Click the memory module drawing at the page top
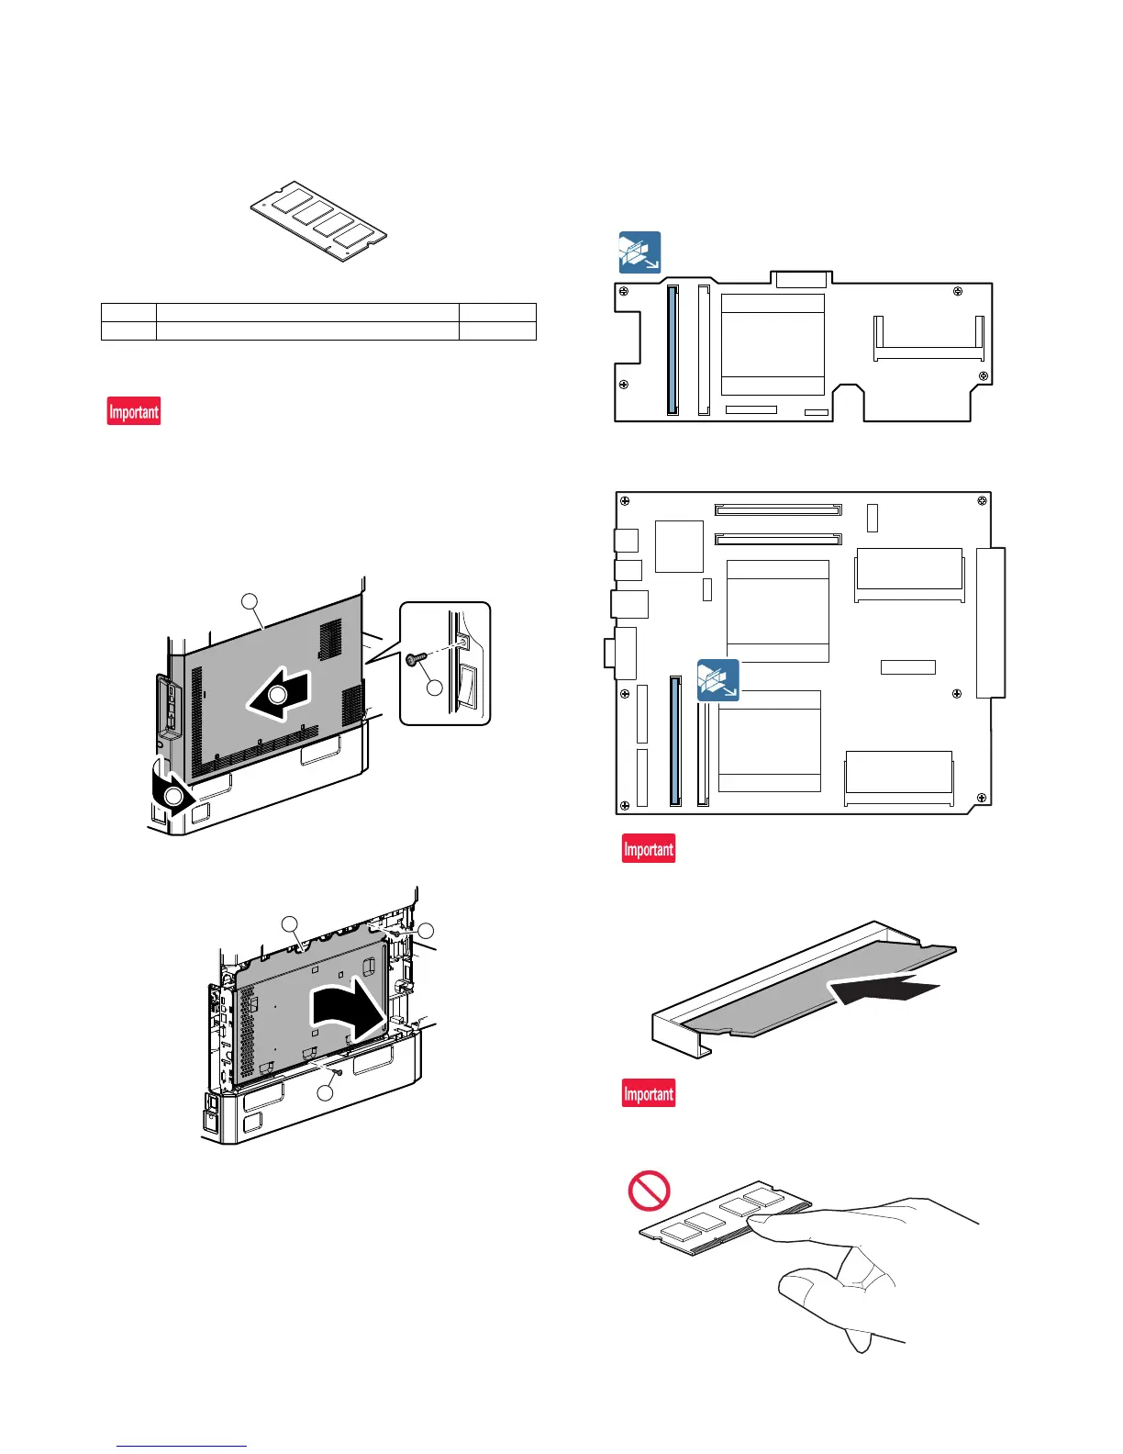[319, 220]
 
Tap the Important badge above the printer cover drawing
[134, 411]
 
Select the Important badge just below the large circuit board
[649, 848]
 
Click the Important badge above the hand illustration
[649, 1093]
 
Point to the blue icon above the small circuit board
[639, 252]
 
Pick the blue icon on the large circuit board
[717, 680]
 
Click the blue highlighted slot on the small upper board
[673, 350]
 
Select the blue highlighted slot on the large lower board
[676, 741]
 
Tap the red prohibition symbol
[649, 1191]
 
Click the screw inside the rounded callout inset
[412, 657]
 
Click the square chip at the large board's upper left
[679, 546]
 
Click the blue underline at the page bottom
[183, 1446]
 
